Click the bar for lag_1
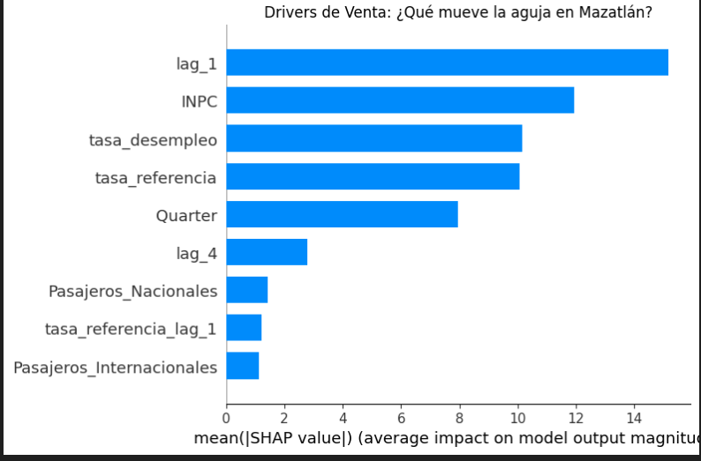[x=447, y=63]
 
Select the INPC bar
[x=400, y=100]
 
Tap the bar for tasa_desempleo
[x=374, y=138]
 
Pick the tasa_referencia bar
[x=373, y=176]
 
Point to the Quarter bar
[x=342, y=214]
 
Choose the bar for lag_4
[x=267, y=252]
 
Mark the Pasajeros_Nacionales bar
[x=247, y=290]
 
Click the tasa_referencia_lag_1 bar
[x=244, y=328]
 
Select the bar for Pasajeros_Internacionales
[x=243, y=366]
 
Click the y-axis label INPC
[x=199, y=101]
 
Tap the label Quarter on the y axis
[x=186, y=215]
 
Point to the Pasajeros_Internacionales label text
[x=115, y=367]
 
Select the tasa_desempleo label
[x=153, y=139]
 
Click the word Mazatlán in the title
[x=614, y=12]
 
